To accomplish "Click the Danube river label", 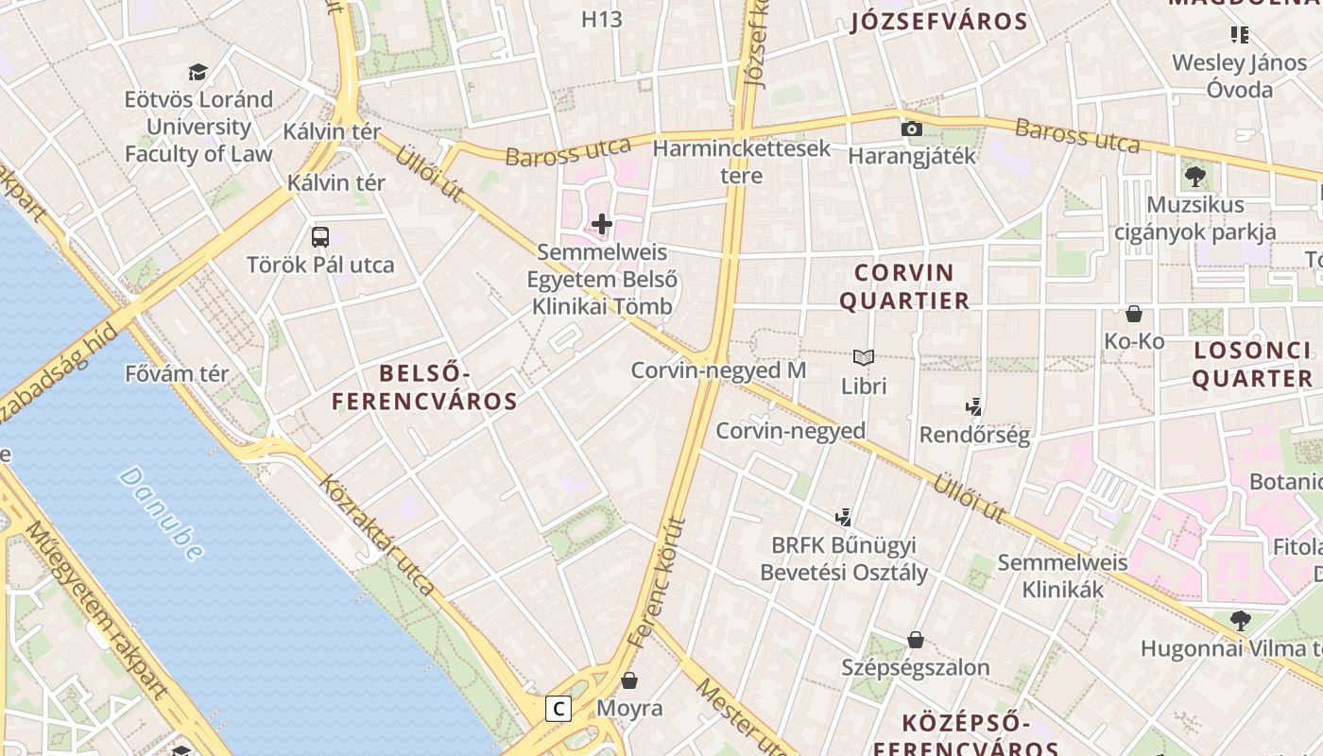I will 162,513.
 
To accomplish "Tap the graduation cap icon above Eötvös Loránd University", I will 198,72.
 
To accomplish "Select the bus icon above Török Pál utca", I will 320,236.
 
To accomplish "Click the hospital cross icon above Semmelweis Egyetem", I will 602,224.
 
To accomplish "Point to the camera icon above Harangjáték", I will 911,129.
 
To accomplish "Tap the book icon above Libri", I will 864,357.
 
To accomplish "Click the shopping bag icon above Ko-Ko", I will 1134,313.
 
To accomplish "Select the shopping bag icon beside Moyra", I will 629,680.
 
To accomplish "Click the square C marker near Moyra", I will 559,708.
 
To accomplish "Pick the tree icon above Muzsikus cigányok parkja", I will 1195,176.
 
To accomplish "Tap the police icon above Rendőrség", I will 974,407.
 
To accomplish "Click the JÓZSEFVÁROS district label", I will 938,22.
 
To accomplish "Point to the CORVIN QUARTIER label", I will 904,286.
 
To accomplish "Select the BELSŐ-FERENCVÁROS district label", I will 424,387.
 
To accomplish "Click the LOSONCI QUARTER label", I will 1252,364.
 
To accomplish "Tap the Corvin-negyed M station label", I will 718,370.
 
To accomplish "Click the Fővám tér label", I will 177,373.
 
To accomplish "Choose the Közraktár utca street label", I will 376,535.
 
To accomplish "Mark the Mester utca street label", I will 742,715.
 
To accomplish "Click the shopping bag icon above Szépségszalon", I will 915,640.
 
